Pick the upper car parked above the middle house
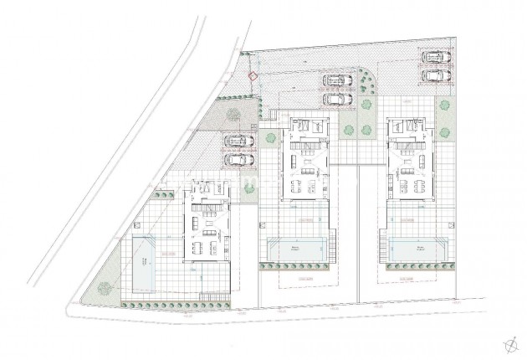coord(338,81)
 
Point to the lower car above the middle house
coord(338,99)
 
